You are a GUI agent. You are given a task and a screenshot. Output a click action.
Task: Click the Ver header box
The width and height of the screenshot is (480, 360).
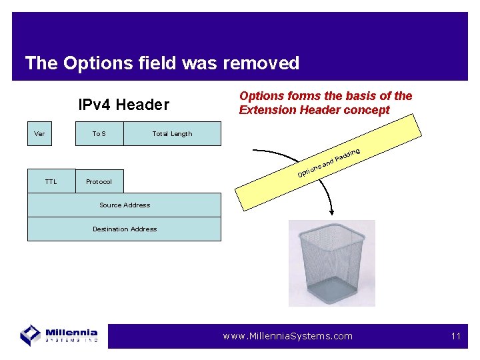tap(39, 133)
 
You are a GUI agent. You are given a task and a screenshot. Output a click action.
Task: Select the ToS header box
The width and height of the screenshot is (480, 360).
tap(99, 133)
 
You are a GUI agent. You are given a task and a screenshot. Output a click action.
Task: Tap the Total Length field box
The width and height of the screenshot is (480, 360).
tap(172, 133)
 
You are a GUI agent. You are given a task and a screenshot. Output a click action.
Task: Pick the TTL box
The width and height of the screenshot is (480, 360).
tap(51, 181)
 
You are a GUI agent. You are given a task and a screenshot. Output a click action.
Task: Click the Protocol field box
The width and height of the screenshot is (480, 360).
tap(99, 181)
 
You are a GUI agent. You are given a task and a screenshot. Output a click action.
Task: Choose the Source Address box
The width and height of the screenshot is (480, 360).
tap(124, 205)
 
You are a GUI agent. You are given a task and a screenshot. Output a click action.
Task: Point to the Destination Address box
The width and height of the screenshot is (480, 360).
tap(124, 229)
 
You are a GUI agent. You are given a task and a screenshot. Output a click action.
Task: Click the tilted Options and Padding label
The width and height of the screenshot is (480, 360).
tap(329, 163)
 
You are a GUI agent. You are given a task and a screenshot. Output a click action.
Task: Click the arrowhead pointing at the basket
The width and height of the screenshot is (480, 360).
tap(331, 212)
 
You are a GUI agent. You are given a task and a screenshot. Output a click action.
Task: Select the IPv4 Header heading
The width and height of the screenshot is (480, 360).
tap(123, 105)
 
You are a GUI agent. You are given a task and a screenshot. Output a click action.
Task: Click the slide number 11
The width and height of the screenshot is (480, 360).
tap(456, 336)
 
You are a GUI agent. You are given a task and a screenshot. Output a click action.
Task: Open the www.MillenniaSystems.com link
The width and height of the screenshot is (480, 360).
tap(288, 336)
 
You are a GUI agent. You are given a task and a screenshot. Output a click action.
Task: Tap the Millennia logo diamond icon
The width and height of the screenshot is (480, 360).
tap(31, 335)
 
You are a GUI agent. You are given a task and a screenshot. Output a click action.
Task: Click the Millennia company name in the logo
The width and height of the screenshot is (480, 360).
tap(72, 332)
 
